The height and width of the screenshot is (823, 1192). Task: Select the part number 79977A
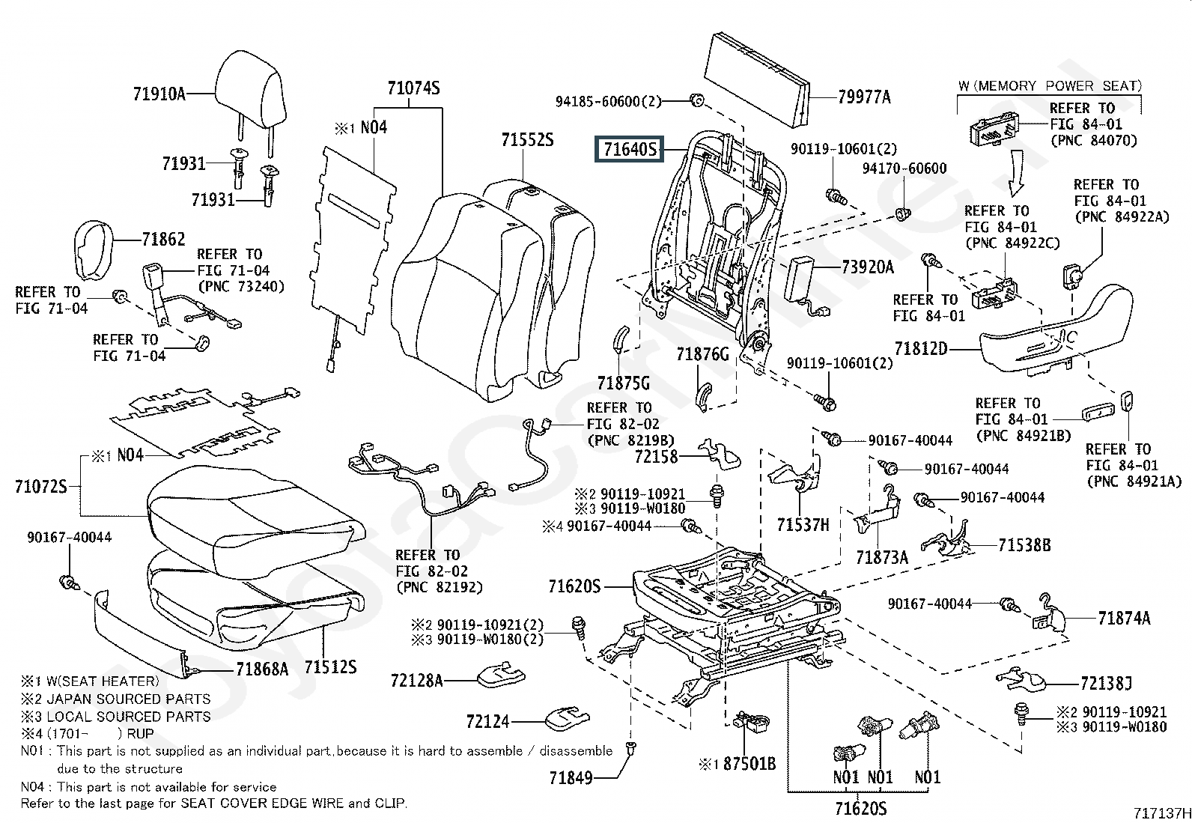click(x=864, y=97)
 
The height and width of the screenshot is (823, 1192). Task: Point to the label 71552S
click(x=527, y=140)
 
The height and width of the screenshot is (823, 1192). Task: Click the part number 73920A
click(x=867, y=267)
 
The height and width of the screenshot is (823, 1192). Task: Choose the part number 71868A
click(x=262, y=669)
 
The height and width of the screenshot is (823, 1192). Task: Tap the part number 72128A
click(x=416, y=680)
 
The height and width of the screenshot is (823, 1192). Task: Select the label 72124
click(x=487, y=721)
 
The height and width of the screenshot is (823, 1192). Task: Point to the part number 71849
click(x=571, y=778)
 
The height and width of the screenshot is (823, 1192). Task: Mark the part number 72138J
click(x=1106, y=683)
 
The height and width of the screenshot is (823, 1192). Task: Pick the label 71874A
click(x=1124, y=619)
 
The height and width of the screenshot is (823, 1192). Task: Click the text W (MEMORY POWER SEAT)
click(x=1049, y=86)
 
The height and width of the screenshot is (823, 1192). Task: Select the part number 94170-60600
click(x=904, y=168)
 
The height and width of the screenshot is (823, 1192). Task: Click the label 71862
click(x=163, y=239)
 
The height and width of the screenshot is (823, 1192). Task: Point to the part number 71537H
click(x=803, y=524)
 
